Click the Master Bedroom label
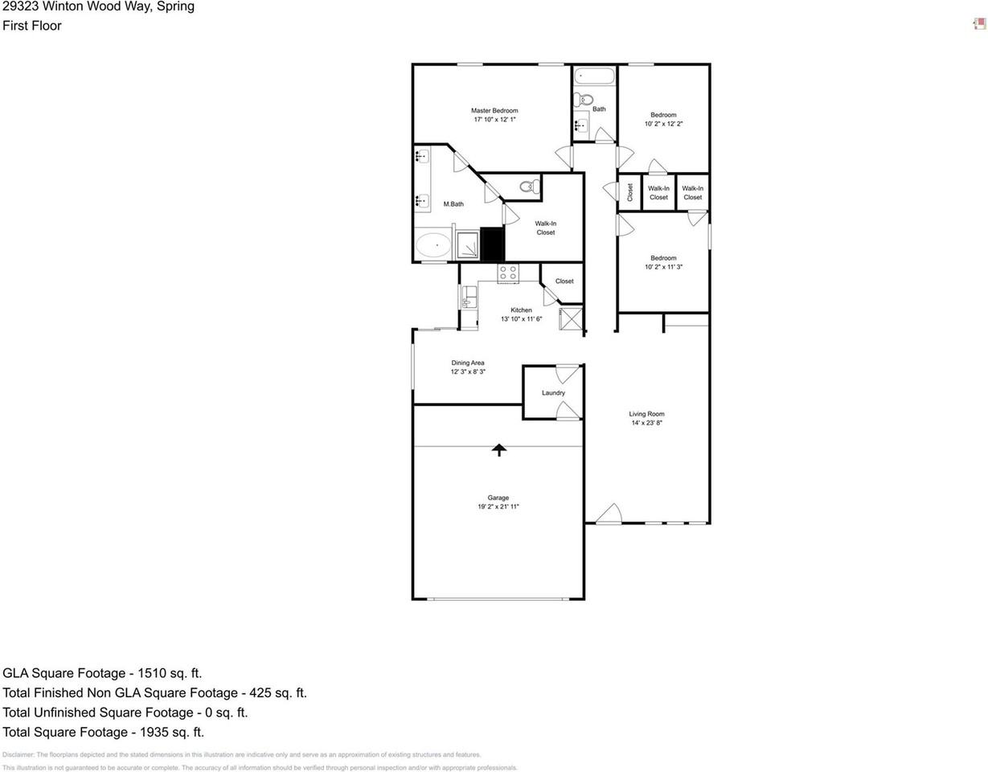(x=494, y=110)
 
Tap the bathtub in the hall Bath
(x=595, y=77)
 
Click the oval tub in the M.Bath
(x=434, y=244)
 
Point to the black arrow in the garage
(x=499, y=450)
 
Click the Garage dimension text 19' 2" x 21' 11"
(x=498, y=507)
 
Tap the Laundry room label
(x=553, y=392)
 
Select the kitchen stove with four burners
(x=508, y=273)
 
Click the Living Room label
(x=646, y=414)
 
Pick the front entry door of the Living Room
(x=609, y=515)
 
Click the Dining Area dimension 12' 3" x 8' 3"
(x=467, y=372)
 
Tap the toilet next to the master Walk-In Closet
(x=527, y=187)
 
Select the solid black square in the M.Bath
(x=491, y=244)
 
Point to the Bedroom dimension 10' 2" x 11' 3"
(x=663, y=267)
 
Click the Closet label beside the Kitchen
(x=564, y=281)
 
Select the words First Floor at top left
(x=32, y=26)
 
